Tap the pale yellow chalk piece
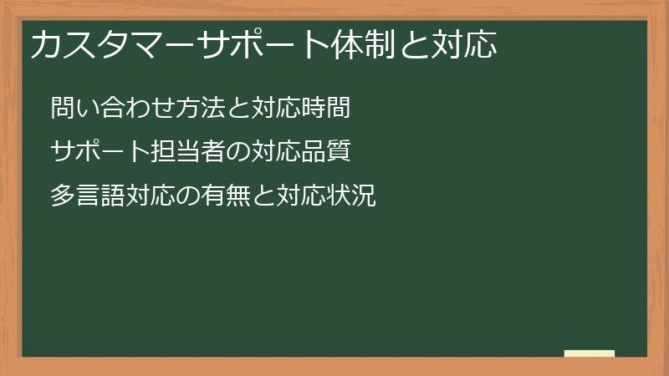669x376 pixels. coord(590,354)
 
